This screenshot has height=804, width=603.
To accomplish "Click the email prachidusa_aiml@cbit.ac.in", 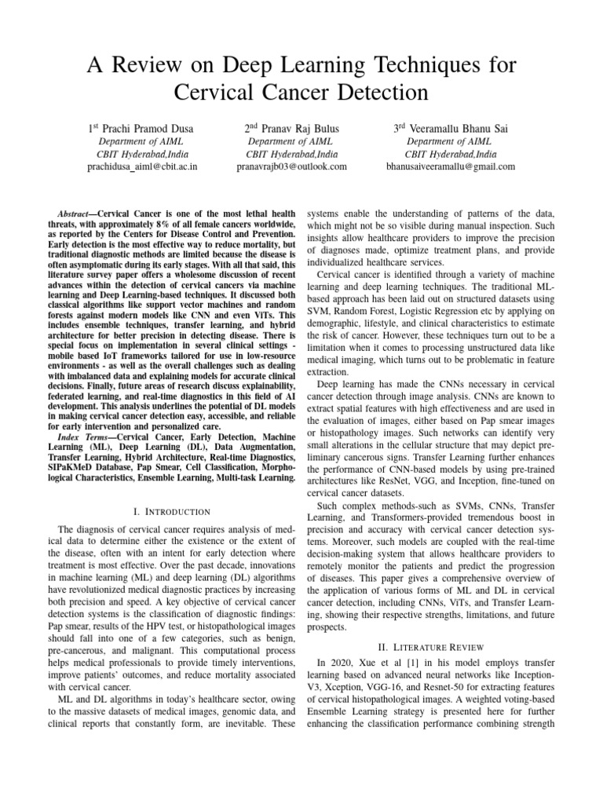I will (x=142, y=166).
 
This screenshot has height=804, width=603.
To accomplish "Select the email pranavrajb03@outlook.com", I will (x=291, y=166).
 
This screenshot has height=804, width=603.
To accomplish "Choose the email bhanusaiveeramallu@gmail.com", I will (x=451, y=166).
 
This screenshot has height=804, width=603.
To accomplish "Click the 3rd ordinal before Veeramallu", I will (x=400, y=127).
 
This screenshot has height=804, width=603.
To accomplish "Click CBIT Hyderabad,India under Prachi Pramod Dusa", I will (x=142, y=154).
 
